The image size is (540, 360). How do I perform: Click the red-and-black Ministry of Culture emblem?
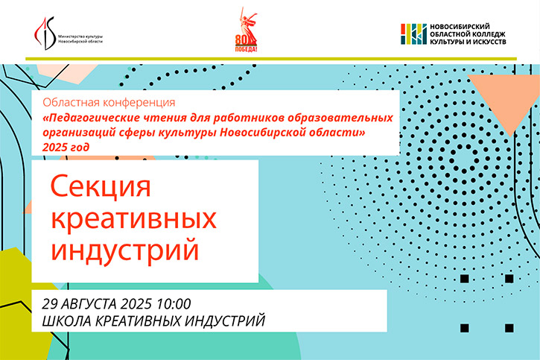(x=45, y=34)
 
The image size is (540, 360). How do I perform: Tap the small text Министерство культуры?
(x=80, y=37)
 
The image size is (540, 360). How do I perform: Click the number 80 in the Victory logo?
(x=241, y=40)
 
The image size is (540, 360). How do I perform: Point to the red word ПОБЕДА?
(x=246, y=49)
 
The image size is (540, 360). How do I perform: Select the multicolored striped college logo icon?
(x=413, y=34)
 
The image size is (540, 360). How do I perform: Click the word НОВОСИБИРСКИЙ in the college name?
(x=460, y=27)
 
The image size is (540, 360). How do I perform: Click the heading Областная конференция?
(x=109, y=102)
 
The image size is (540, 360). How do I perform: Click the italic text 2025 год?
(x=66, y=148)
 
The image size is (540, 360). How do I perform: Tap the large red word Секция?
(x=101, y=187)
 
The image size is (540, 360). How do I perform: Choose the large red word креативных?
(x=133, y=218)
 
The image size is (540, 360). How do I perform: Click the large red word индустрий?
(x=125, y=250)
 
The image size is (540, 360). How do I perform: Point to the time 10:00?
(x=174, y=304)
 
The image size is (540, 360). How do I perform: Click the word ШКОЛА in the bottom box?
(x=66, y=320)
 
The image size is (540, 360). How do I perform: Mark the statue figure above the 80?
(x=248, y=23)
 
